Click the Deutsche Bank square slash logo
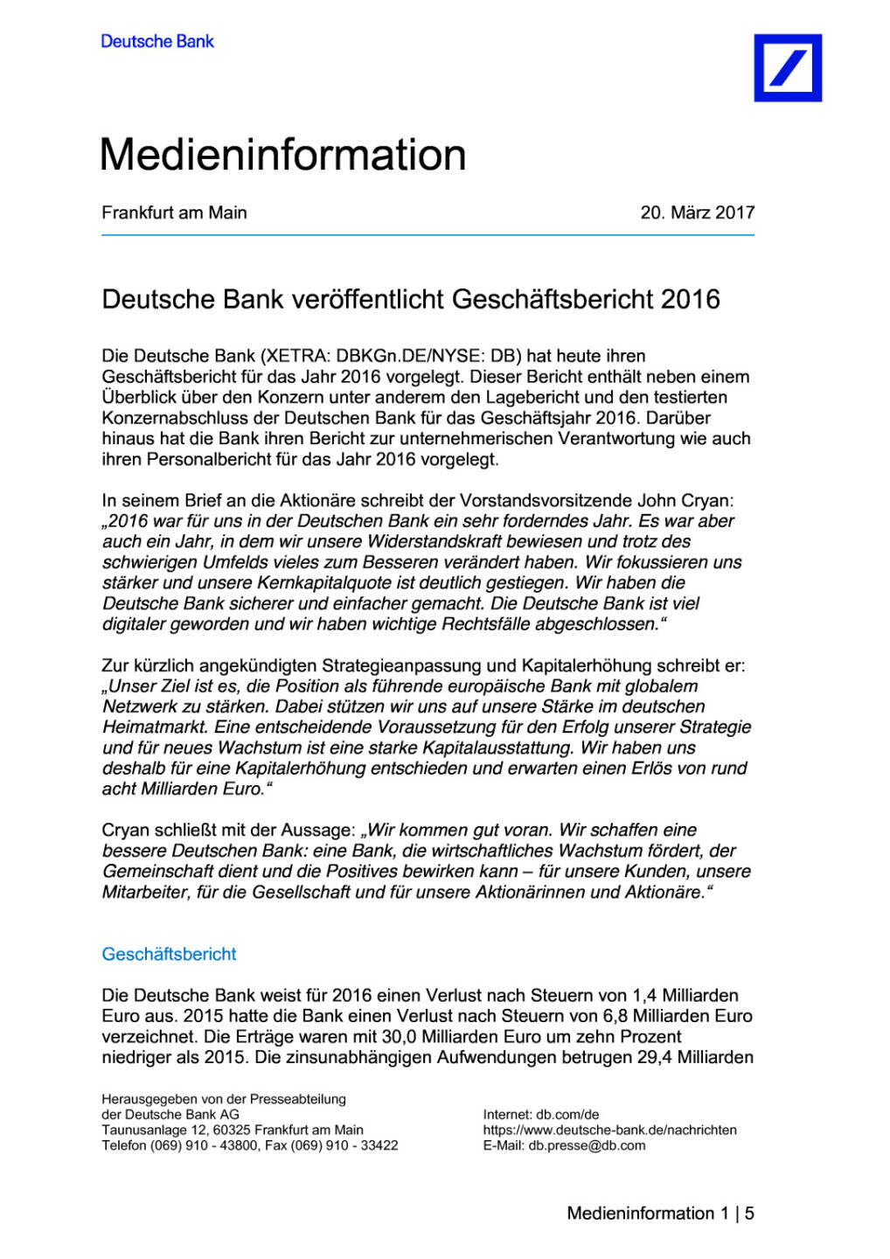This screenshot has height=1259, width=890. (x=787, y=68)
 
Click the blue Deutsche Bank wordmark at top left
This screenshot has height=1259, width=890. (x=157, y=41)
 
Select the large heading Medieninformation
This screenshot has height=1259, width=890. (x=282, y=155)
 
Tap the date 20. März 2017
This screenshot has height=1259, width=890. (x=697, y=212)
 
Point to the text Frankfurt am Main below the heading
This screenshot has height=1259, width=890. (x=174, y=212)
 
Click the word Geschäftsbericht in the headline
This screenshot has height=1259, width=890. (x=553, y=299)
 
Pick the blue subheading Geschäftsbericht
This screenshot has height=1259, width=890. (x=169, y=954)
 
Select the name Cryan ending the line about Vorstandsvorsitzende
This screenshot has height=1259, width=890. (x=709, y=500)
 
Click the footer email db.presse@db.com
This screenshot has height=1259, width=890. (x=587, y=1145)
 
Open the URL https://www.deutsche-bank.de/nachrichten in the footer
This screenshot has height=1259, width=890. (x=609, y=1130)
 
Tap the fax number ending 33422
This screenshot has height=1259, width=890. (x=379, y=1145)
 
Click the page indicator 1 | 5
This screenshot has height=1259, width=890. (x=737, y=1214)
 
